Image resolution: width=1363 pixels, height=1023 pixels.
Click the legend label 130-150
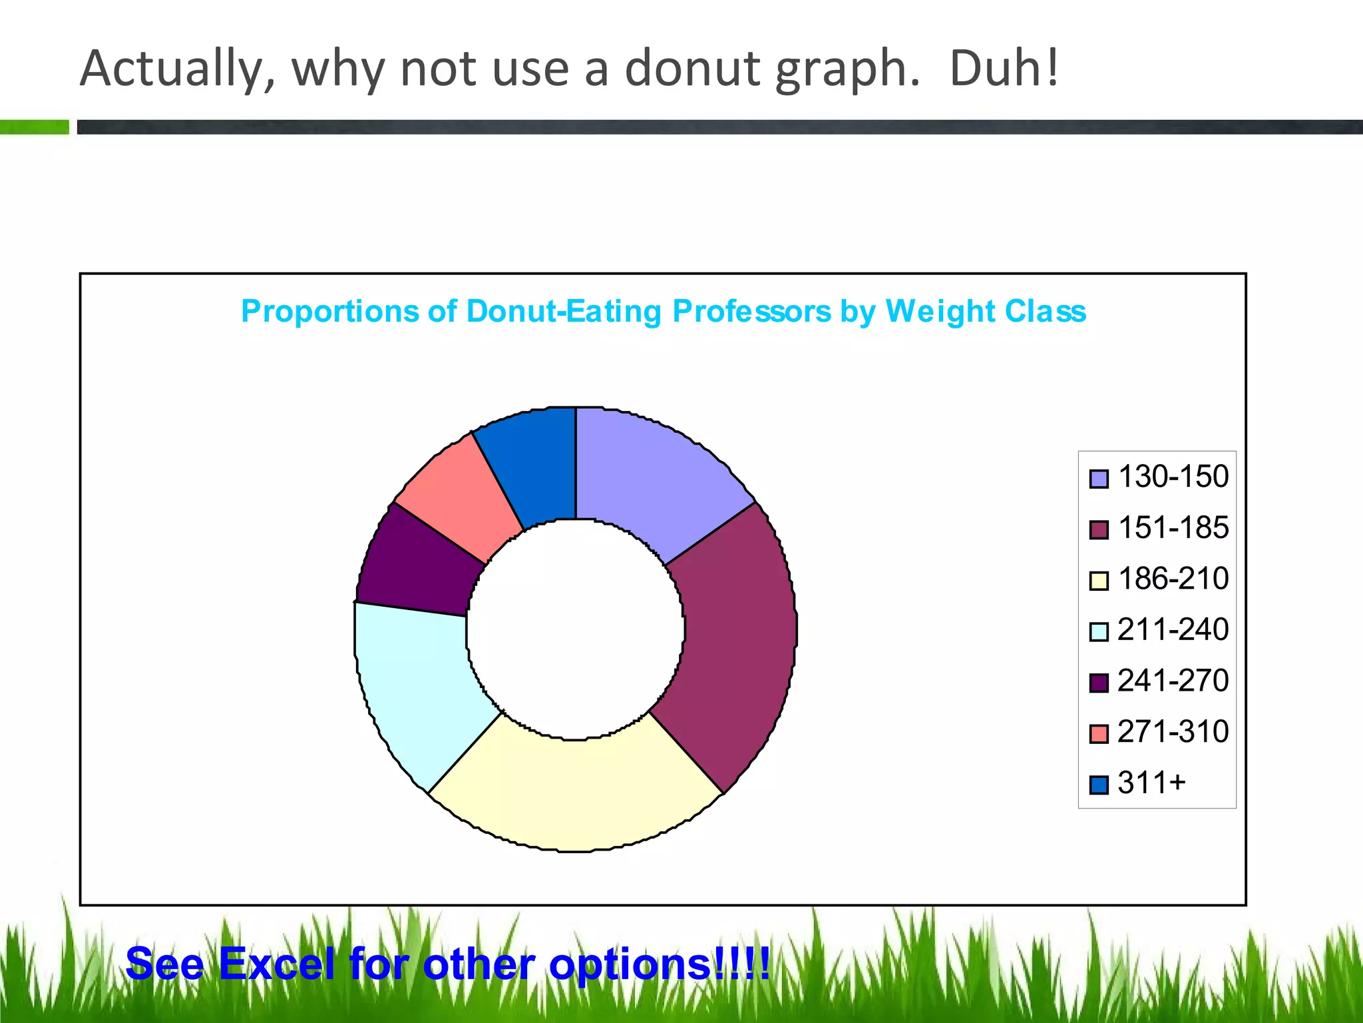click(x=1173, y=477)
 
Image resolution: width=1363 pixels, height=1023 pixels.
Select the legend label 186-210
click(x=1173, y=579)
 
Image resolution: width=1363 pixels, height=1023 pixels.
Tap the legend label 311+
click(x=1151, y=783)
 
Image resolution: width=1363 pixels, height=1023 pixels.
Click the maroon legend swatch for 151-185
click(x=1099, y=529)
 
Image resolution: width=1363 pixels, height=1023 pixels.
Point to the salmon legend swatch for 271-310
click(x=1099, y=733)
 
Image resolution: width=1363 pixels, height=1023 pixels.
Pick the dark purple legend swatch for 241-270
click(x=1099, y=683)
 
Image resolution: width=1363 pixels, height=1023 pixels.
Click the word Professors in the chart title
click(x=751, y=312)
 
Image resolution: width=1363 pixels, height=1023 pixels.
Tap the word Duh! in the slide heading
click(x=1004, y=69)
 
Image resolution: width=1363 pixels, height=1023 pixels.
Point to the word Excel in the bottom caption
click(x=276, y=964)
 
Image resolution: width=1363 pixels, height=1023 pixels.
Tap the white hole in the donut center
click(x=576, y=629)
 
